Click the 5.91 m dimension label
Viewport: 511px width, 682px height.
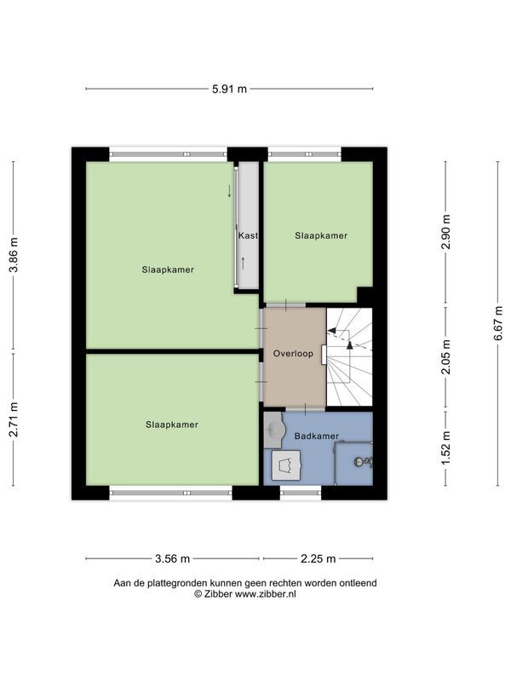click(229, 90)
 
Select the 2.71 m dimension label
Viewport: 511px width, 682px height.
click(14, 419)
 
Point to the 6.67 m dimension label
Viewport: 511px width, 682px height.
click(498, 323)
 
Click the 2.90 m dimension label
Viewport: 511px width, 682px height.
click(445, 232)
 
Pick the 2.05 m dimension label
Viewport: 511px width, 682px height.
click(445, 356)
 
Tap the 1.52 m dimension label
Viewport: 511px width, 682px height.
click(445, 448)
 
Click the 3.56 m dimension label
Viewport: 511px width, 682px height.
click(173, 559)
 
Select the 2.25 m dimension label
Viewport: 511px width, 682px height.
click(318, 559)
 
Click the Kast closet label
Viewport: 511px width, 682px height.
click(248, 235)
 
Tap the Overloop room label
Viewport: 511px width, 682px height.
click(293, 354)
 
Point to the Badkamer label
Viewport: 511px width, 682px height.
click(316, 436)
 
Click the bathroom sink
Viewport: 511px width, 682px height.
click(273, 431)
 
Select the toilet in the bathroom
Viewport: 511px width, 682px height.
click(286, 465)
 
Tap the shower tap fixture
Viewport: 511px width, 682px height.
click(363, 462)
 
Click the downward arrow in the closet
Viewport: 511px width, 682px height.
click(229, 191)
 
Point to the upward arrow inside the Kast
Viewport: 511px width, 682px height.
click(243, 263)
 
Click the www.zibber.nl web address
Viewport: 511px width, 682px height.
click(265, 593)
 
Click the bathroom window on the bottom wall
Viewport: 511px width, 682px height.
click(301, 493)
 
